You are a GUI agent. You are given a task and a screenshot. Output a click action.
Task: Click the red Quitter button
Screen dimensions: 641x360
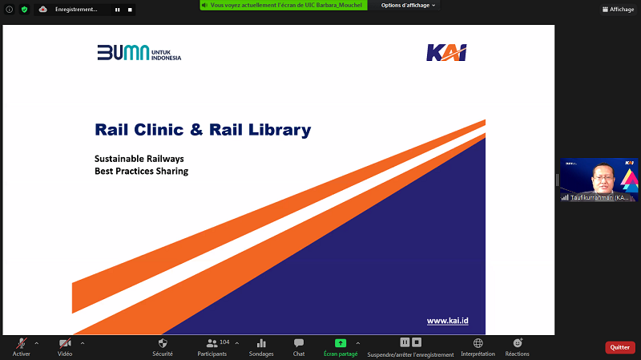point(619,347)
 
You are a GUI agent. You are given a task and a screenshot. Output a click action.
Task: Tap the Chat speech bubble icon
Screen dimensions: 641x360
point(299,343)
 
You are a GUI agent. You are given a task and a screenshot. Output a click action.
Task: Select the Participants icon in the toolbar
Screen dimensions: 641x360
point(212,343)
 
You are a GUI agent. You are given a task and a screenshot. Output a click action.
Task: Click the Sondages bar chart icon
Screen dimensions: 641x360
point(261,343)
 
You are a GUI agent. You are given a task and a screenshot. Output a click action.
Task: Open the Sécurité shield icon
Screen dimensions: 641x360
point(163,343)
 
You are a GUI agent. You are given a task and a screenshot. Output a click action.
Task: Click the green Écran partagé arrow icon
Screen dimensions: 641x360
point(341,343)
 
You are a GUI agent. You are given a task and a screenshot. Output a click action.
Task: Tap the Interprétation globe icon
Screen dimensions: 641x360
point(478,343)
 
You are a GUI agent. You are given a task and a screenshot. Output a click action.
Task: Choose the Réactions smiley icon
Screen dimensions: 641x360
point(518,343)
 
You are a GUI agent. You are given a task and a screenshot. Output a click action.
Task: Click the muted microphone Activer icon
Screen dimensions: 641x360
point(22,343)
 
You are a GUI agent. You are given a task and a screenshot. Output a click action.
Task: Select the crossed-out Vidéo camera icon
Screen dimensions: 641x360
point(65,343)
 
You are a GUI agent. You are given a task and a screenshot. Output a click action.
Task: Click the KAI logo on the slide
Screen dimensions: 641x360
point(446,53)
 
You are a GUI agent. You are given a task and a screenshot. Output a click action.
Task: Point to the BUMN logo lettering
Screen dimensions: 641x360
point(123,53)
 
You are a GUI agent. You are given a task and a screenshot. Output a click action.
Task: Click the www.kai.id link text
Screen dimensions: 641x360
point(448,321)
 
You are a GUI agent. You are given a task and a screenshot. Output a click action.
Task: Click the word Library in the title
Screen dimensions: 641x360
point(280,130)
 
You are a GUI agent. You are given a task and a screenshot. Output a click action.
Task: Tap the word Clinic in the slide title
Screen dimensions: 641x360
point(159,130)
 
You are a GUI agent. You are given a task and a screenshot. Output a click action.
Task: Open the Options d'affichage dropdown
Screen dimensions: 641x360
point(408,6)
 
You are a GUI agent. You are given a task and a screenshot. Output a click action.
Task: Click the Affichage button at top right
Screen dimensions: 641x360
point(618,10)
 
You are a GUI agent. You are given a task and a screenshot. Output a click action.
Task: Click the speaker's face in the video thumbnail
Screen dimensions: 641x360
point(603,178)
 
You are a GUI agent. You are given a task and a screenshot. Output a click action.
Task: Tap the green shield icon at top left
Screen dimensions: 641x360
point(25,10)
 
